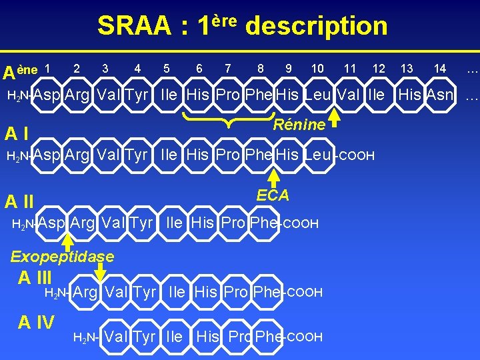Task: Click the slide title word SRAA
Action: tap(134, 26)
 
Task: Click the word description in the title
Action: tap(316, 26)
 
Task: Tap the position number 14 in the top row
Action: tap(439, 68)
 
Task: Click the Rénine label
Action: tap(299, 125)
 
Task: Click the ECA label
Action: tap(273, 195)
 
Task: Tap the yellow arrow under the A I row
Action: tap(273, 178)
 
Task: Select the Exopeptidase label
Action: tap(63, 257)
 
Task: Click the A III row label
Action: tap(35, 277)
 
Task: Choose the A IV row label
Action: tap(36, 323)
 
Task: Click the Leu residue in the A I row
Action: tap(317, 155)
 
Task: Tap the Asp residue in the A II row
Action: tap(51, 223)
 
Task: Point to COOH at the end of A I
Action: tap(356, 156)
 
